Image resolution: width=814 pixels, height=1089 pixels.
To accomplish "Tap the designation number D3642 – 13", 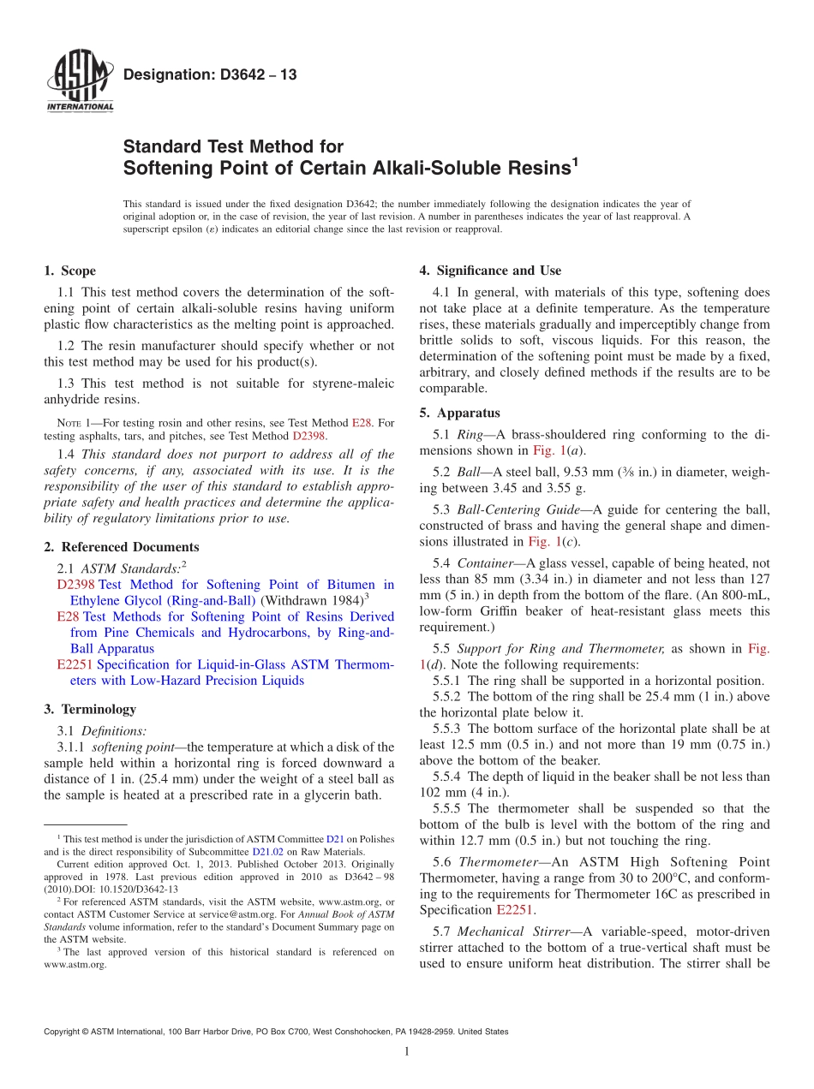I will point(210,74).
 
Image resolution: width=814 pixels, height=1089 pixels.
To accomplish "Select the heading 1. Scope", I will point(69,271).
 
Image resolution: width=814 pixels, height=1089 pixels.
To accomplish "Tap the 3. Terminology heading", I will point(90,709).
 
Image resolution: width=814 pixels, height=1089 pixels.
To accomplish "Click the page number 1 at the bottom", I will point(407,1051).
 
